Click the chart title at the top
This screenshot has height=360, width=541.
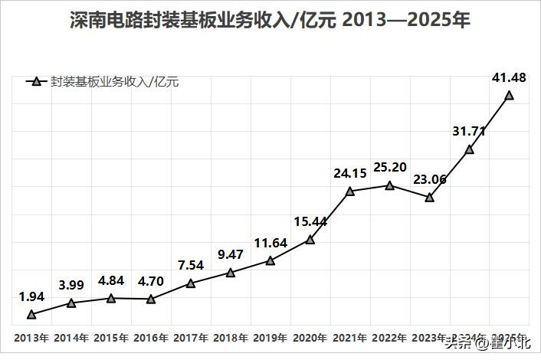point(270,21)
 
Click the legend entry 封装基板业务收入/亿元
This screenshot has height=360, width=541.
point(114,81)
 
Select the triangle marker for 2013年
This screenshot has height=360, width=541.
point(31,314)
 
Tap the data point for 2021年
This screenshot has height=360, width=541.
point(349,191)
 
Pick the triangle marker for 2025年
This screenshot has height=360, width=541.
point(509,96)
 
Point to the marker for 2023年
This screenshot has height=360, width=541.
point(430,198)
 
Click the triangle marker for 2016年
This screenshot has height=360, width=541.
point(151,299)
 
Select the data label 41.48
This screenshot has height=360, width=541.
point(509,77)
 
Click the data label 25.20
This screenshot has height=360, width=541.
point(391,166)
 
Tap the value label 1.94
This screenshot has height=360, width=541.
point(31,296)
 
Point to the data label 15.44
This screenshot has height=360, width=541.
point(310,221)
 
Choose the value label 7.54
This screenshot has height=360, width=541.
point(191,265)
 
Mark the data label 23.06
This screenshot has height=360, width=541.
point(430,179)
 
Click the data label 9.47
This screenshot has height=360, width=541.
point(231,254)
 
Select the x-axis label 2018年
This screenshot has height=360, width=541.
point(231,338)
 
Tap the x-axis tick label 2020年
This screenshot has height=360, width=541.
point(310,338)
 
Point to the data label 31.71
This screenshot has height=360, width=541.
point(469,131)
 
